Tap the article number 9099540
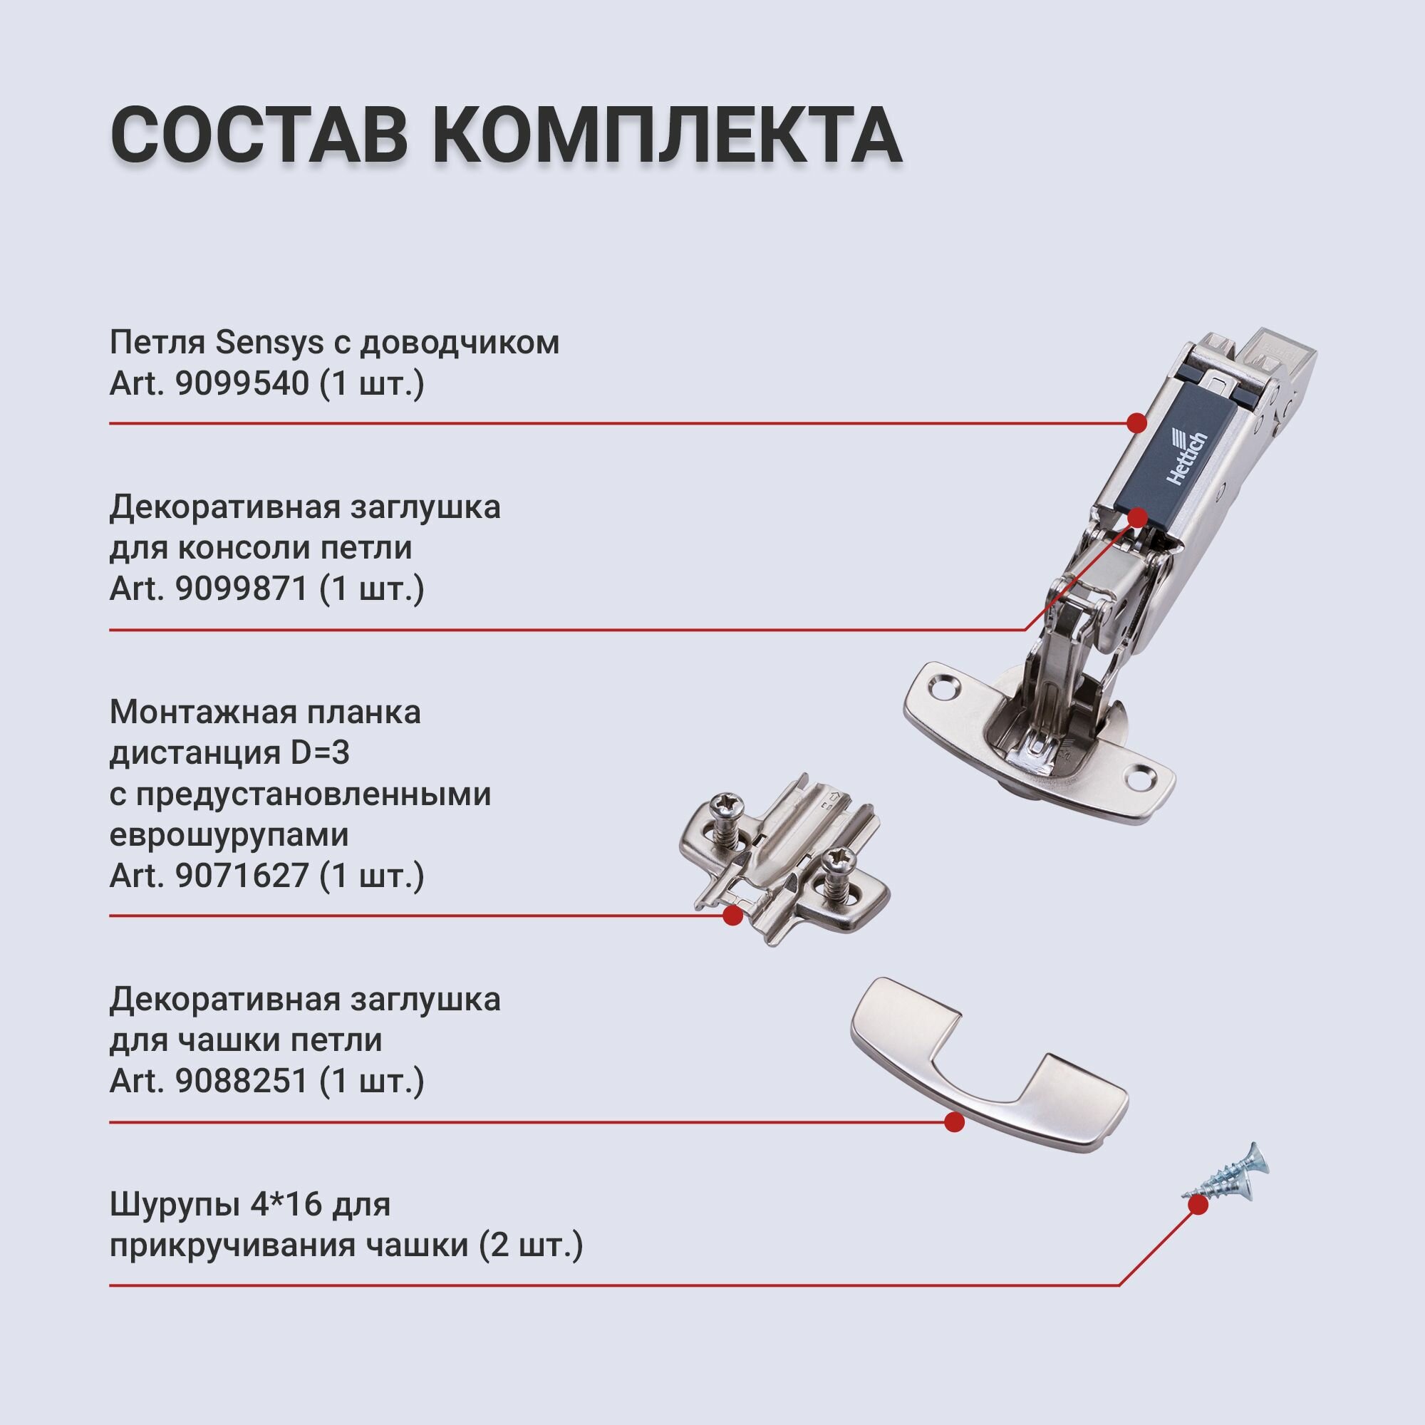tap(242, 384)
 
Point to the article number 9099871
tap(242, 589)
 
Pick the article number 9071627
tap(242, 876)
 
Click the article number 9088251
tap(242, 1082)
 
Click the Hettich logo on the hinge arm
tap(1188, 458)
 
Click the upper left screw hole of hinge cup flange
tap(942, 689)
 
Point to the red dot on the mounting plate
tap(732, 916)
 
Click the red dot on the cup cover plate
tap(955, 1123)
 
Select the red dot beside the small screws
tap(1199, 1204)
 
